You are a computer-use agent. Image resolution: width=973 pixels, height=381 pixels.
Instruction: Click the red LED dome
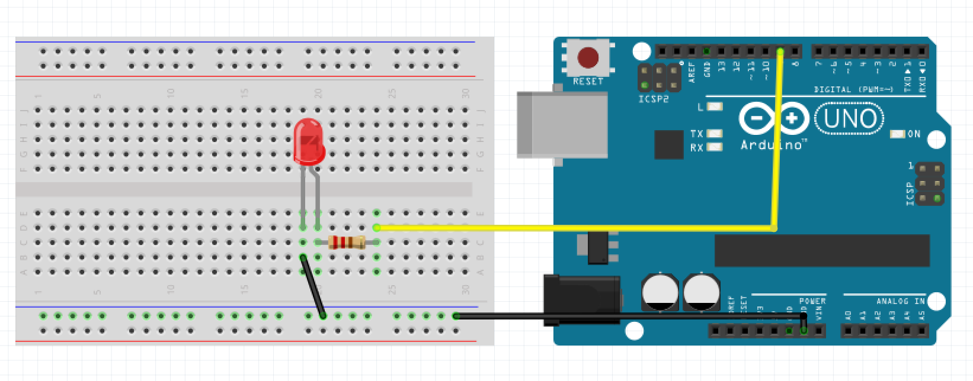pyautogui.click(x=309, y=142)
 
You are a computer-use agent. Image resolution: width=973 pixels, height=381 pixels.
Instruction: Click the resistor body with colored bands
pyautogui.click(x=347, y=241)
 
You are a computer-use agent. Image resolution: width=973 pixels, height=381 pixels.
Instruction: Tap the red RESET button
pyautogui.click(x=588, y=58)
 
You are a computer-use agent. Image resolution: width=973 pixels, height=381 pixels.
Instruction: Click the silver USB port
pyautogui.click(x=562, y=124)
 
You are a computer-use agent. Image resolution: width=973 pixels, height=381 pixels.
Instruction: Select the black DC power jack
pyautogui.click(x=582, y=299)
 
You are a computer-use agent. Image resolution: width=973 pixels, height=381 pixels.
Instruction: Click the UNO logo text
pyautogui.click(x=850, y=119)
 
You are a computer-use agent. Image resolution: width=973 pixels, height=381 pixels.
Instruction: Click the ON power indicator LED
pyautogui.click(x=898, y=134)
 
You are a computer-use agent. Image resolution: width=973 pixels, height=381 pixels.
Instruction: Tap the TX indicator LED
pyautogui.click(x=715, y=134)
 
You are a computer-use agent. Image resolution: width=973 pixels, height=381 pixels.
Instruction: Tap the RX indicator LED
pyautogui.click(x=715, y=147)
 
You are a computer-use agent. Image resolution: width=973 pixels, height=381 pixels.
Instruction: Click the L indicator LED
pyautogui.click(x=715, y=107)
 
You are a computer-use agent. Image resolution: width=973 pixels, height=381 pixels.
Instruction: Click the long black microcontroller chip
pyautogui.click(x=822, y=250)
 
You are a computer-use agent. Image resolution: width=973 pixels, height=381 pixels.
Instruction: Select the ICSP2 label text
pyautogui.click(x=653, y=99)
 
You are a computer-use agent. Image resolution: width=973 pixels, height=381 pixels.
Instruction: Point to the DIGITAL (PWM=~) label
pyautogui.click(x=853, y=89)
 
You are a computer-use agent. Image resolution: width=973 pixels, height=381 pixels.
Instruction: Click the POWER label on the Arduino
pyautogui.click(x=812, y=301)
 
